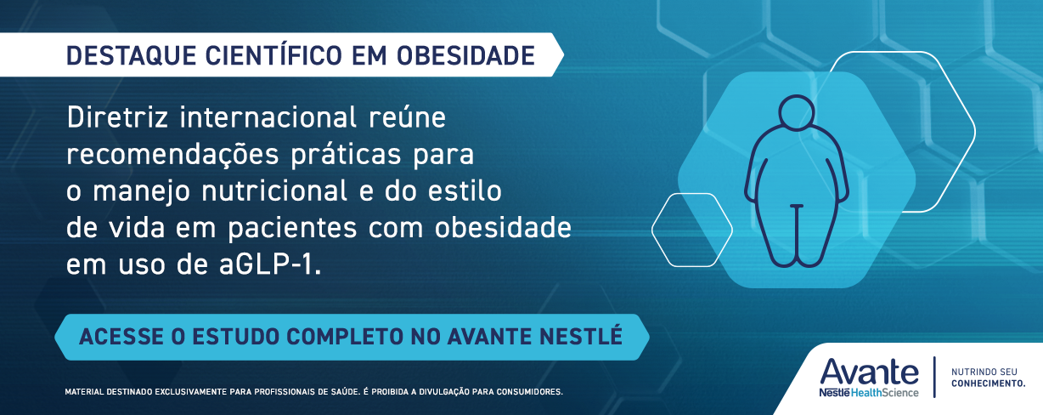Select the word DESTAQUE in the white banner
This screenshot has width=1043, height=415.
130,56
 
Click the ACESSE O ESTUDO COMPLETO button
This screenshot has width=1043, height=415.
352,336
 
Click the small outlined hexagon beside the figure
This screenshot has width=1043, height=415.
691,230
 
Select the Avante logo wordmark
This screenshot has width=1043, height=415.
869,372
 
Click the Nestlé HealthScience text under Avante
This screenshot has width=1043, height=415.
869,392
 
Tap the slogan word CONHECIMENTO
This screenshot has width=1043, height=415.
988,384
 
